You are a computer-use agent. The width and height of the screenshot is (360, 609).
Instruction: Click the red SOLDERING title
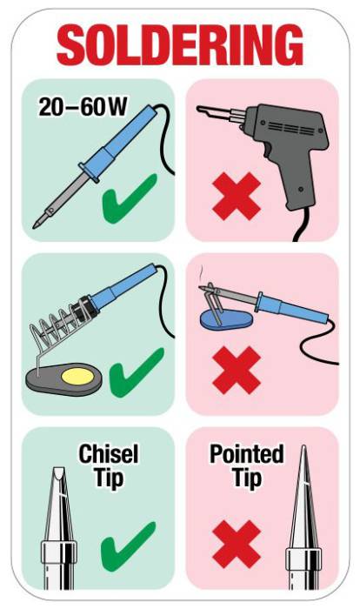click(x=179, y=44)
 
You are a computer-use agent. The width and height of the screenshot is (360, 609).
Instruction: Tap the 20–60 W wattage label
click(x=83, y=106)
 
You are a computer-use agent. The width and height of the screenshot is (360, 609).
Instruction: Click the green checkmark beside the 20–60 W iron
click(x=129, y=199)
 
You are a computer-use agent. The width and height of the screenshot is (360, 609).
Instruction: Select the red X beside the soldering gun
click(x=237, y=196)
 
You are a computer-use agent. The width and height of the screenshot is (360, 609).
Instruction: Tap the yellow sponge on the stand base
click(x=77, y=376)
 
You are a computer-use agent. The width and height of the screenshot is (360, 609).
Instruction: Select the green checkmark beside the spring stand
click(x=137, y=373)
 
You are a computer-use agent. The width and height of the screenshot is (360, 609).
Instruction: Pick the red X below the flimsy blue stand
click(x=237, y=370)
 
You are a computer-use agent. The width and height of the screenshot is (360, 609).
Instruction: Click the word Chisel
click(x=109, y=453)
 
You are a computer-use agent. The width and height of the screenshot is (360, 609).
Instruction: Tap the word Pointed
click(x=247, y=453)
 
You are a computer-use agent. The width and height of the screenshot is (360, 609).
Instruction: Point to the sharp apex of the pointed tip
click(x=303, y=446)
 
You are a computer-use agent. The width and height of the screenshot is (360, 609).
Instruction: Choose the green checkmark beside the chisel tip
click(x=128, y=546)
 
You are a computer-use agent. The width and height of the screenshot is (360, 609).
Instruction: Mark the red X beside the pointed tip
click(x=237, y=544)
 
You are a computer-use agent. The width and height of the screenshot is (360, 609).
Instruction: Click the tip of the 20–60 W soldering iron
click(x=34, y=226)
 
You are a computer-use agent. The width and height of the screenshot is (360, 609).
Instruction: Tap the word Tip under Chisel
click(x=109, y=478)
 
